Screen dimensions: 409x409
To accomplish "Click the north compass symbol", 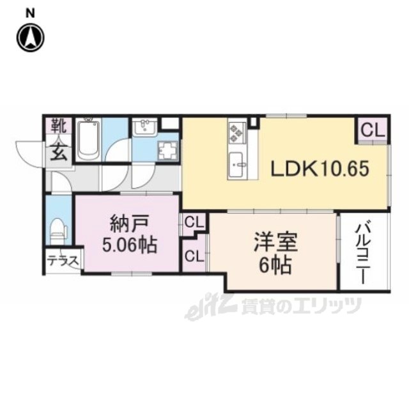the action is coord(31,38).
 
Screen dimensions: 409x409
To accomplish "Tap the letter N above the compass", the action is coord(30,13).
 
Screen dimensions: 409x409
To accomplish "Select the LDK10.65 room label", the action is coord(320,169).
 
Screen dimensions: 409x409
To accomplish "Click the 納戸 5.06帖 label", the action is coord(130,235).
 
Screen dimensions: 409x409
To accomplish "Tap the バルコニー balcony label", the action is coord(363,252).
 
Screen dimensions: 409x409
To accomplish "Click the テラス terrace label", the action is coord(63,261).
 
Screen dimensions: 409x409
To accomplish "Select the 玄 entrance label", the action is coord(59,152).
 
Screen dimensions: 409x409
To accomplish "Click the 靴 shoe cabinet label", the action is coord(59,126).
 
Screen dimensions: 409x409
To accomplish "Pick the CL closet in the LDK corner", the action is coord(373,130).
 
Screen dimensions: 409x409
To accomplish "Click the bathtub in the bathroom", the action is coord(88,140).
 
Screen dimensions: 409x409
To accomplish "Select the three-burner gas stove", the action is coord(237,132).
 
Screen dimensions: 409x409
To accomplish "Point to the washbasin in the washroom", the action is coord(144,127).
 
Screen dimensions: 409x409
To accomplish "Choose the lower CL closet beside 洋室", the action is coord(194,256).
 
